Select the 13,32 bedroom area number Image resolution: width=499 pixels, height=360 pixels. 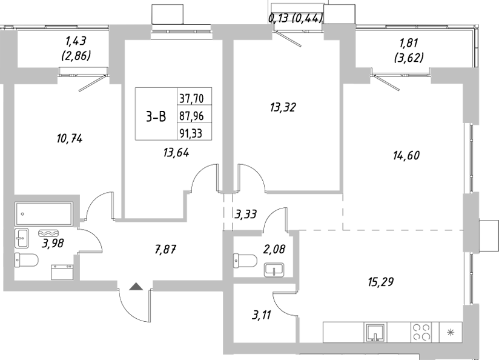282,108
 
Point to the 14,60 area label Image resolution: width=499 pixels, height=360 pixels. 405,155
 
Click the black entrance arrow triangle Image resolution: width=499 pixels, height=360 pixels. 136,287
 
